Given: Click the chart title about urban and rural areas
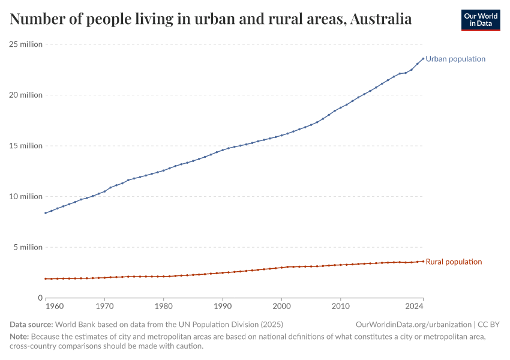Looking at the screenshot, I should [x=211, y=19].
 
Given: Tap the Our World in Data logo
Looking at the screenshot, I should [x=480, y=20].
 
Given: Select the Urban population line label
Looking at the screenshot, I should [x=455, y=59].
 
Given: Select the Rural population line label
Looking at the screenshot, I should [x=453, y=262].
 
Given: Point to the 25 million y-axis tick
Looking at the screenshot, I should [x=26, y=44].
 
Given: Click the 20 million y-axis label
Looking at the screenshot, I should [x=26, y=95].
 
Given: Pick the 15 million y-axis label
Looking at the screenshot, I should [x=26, y=146].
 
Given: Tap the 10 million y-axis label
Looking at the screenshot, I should [x=26, y=196].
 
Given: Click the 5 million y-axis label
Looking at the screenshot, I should [x=28, y=247].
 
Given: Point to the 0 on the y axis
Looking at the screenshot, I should [x=40, y=298].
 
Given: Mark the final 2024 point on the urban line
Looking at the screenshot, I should [x=423, y=58].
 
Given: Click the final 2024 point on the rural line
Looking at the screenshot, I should [x=423, y=261].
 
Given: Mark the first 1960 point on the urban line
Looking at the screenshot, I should [x=46, y=213].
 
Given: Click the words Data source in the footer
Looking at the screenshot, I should [x=31, y=325].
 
